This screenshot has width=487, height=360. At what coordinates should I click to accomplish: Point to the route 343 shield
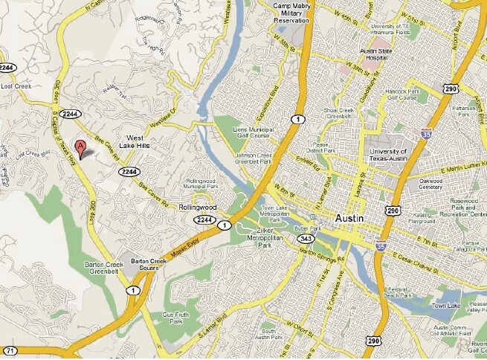click(x=304, y=239)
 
